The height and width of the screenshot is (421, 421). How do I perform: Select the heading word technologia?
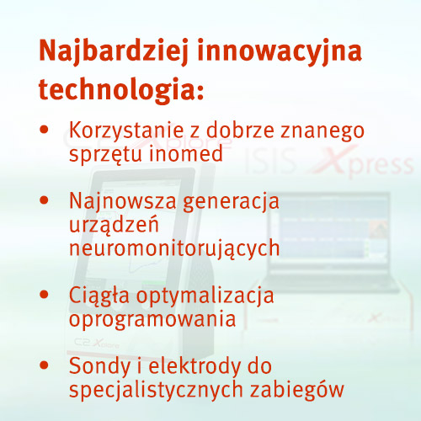(x=118, y=88)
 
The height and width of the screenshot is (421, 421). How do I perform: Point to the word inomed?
(x=185, y=153)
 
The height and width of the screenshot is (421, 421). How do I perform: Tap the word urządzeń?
(x=114, y=226)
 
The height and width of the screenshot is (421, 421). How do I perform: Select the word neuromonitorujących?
(x=174, y=249)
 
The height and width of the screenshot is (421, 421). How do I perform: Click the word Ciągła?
(x=99, y=296)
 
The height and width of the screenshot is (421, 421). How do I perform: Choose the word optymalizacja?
(x=205, y=296)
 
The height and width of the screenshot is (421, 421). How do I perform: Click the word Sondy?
(x=100, y=367)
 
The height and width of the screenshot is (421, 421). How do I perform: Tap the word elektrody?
(x=195, y=365)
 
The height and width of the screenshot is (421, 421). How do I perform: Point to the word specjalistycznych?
(x=156, y=391)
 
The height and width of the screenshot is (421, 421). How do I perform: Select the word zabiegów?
(x=297, y=391)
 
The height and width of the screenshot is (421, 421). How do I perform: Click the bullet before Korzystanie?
(x=45, y=130)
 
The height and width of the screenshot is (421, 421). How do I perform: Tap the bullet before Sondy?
(x=45, y=365)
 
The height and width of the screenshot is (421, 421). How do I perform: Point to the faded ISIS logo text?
(x=270, y=162)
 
